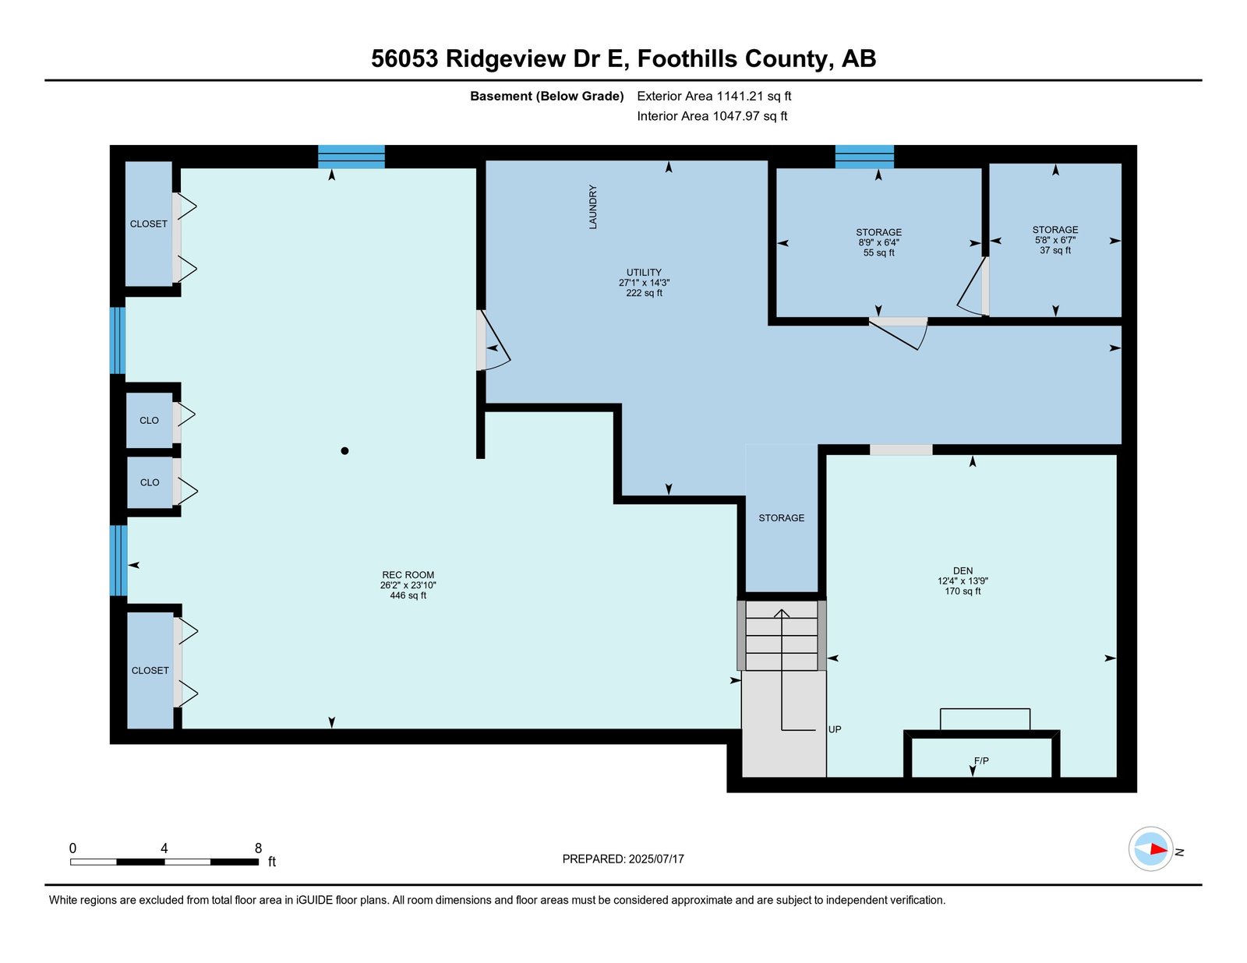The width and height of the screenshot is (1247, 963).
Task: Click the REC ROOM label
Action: pyautogui.click(x=408, y=575)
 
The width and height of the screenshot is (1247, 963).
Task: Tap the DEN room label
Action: pyautogui.click(x=963, y=570)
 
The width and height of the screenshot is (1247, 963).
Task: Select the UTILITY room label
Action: pyautogui.click(x=644, y=273)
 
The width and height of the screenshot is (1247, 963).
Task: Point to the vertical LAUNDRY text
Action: pyautogui.click(x=593, y=206)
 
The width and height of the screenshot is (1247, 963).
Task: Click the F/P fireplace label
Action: pyautogui.click(x=981, y=761)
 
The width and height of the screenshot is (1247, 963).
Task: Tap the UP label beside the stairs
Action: pyautogui.click(x=835, y=729)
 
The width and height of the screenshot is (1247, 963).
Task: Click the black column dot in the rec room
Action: pyautogui.click(x=344, y=451)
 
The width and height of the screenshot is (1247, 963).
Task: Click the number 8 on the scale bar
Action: pyautogui.click(x=258, y=848)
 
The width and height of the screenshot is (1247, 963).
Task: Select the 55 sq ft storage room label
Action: pyautogui.click(x=878, y=242)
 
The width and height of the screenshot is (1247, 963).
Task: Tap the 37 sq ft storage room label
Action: pyautogui.click(x=1054, y=240)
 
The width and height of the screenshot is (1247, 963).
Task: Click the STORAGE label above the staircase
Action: pyautogui.click(x=781, y=518)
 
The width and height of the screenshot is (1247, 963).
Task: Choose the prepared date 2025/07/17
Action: pyautogui.click(x=656, y=859)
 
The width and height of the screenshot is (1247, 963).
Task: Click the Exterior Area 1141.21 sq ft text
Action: pyautogui.click(x=714, y=97)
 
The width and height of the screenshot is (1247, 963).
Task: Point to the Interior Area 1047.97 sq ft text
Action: pyautogui.click(x=712, y=116)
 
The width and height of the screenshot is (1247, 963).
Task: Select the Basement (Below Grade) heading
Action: pyautogui.click(x=547, y=97)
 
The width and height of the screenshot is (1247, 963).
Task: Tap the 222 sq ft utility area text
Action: pyautogui.click(x=644, y=293)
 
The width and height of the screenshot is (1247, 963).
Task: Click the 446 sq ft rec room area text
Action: pyautogui.click(x=408, y=595)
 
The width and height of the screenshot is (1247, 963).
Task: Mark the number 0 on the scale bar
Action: pyautogui.click(x=73, y=848)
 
